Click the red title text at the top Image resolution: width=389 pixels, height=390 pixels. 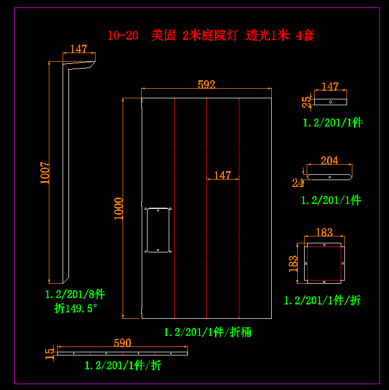pyautogui.click(x=211, y=36)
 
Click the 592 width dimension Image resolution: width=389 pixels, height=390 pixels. pyautogui.click(x=206, y=84)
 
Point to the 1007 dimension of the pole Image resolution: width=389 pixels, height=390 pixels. pyautogui.click(x=45, y=173)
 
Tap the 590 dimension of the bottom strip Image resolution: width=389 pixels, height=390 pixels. pyautogui.click(x=123, y=343)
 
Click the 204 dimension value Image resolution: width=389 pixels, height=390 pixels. pyautogui.click(x=329, y=160)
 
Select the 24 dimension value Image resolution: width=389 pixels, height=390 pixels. pyautogui.click(x=298, y=183)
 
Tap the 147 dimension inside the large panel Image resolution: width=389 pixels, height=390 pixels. pyautogui.click(x=222, y=175)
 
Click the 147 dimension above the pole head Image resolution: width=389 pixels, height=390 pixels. pyautogui.click(x=79, y=49)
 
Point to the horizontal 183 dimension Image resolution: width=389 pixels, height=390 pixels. pyautogui.click(x=324, y=232)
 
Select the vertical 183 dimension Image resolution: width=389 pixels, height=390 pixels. pyautogui.click(x=293, y=263)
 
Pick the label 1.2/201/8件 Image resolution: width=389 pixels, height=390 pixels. pyautogui.click(x=75, y=295)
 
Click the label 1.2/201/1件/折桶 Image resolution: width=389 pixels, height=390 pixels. pyautogui.click(x=207, y=333)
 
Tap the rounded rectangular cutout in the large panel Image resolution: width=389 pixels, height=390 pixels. pyautogui.click(x=158, y=230)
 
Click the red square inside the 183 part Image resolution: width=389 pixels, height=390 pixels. pyautogui.click(x=324, y=263)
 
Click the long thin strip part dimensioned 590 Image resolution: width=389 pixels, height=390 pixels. pyautogui.click(x=123, y=353)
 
